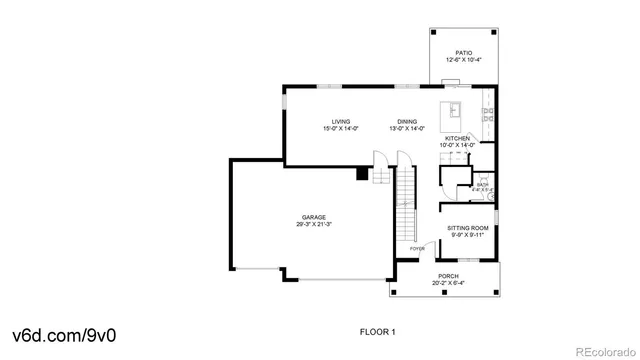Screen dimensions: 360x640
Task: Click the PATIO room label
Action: (x=463, y=52)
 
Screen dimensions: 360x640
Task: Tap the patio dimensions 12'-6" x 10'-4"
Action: (x=463, y=60)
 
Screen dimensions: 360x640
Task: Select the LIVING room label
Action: (x=341, y=121)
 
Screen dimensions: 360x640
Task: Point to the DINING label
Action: (x=406, y=121)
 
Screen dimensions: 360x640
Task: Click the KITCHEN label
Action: (x=457, y=138)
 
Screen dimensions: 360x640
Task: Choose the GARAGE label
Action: (x=315, y=217)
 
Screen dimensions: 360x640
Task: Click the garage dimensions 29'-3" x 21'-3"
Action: (x=315, y=225)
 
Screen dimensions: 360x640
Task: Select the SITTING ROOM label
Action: (x=467, y=227)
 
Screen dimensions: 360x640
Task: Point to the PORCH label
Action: (x=448, y=276)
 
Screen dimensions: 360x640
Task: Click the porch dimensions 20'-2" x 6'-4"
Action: (x=448, y=284)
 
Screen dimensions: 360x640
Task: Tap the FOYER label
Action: (x=417, y=248)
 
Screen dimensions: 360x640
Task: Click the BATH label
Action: (x=482, y=184)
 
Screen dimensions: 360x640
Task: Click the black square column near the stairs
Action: (x=362, y=174)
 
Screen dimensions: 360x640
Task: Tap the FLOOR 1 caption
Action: (x=378, y=330)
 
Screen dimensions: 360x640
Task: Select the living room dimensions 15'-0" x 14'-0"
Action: (x=341, y=129)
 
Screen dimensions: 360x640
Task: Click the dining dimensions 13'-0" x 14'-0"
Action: (x=406, y=129)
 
